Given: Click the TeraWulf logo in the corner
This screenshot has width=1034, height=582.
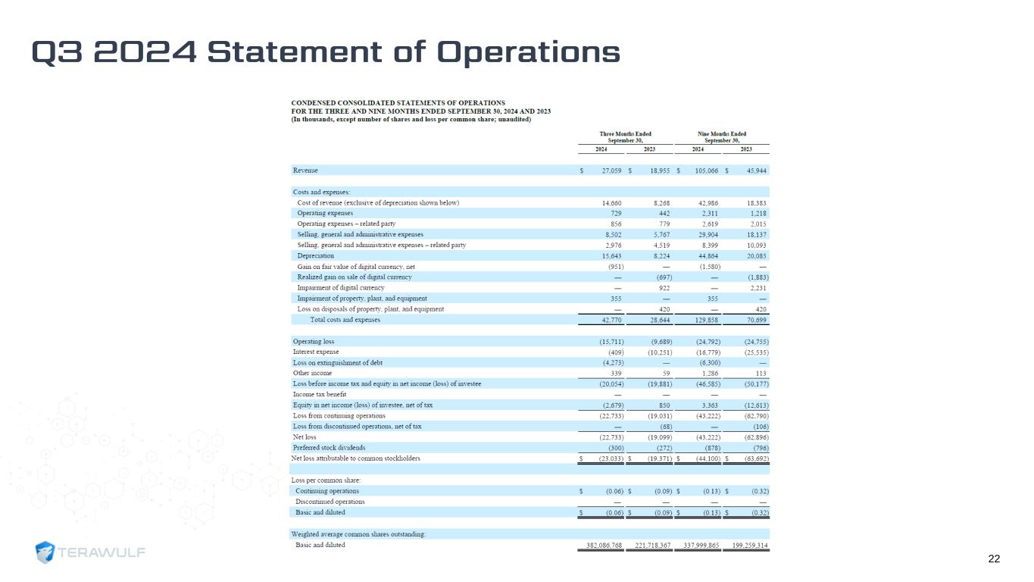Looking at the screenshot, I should click(91, 552).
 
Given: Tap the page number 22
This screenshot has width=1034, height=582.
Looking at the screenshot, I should click(994, 559).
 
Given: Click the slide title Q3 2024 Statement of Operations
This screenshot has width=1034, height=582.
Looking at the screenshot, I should click(326, 52).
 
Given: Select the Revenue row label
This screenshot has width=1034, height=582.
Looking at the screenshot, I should click(305, 171).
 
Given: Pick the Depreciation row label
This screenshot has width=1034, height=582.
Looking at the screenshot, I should click(315, 256).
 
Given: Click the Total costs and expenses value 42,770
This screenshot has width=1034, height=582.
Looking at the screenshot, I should click(610, 320).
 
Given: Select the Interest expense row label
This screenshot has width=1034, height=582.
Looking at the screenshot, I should click(315, 352).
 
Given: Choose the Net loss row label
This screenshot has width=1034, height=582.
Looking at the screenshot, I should click(305, 436).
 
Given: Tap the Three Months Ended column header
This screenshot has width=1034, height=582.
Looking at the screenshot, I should click(625, 137).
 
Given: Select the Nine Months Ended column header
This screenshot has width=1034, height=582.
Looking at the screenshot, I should click(721, 137).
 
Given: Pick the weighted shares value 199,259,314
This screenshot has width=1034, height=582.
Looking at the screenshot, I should click(745, 545).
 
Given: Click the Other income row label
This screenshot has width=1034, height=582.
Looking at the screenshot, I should click(312, 373).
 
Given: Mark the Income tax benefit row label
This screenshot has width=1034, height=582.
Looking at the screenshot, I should click(320, 394).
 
